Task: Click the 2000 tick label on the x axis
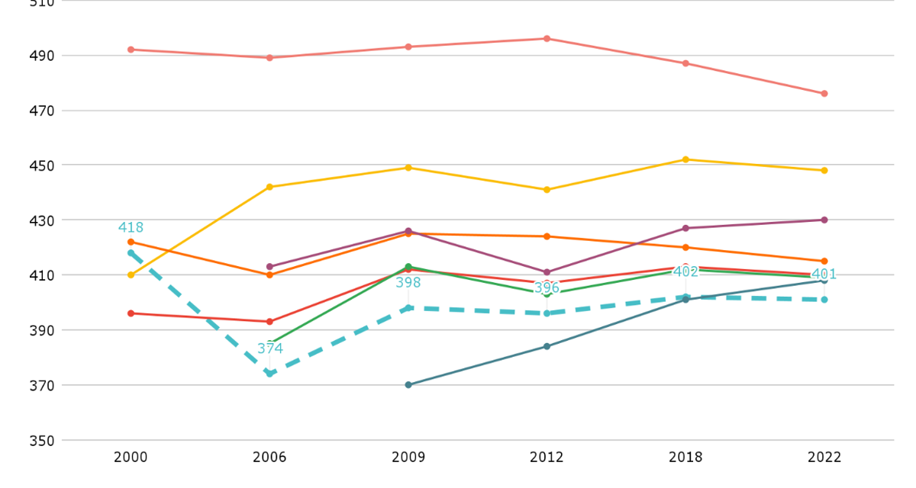pyautogui.click(x=131, y=457)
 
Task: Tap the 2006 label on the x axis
pyautogui.click(x=269, y=457)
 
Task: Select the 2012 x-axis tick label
pyautogui.click(x=547, y=457)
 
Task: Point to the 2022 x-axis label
pyautogui.click(x=824, y=457)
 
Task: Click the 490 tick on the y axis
pyautogui.click(x=43, y=56)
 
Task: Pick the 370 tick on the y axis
pyautogui.click(x=43, y=385)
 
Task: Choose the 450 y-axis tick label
pyautogui.click(x=43, y=165)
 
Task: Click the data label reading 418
pyautogui.click(x=131, y=228)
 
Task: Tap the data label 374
pyautogui.click(x=269, y=348)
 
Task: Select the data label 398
pyautogui.click(x=408, y=283)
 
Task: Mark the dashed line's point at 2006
pyautogui.click(x=269, y=374)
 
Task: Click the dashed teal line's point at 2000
pyautogui.click(x=131, y=253)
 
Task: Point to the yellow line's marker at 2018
pyautogui.click(x=685, y=159)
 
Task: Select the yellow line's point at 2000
pyautogui.click(x=131, y=274)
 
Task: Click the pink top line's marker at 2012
pyautogui.click(x=547, y=38)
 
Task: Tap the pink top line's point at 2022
pyautogui.click(x=824, y=94)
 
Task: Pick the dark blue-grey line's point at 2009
pyautogui.click(x=408, y=385)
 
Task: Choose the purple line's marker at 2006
pyautogui.click(x=269, y=267)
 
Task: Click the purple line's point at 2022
pyautogui.click(x=824, y=220)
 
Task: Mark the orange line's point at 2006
pyautogui.click(x=269, y=274)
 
